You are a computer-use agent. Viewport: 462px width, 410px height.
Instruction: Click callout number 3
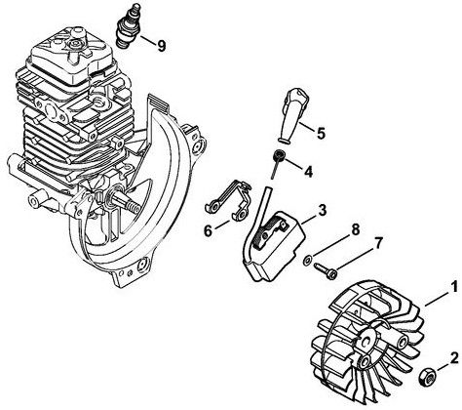point(322,208)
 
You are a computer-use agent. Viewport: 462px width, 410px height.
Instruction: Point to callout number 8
point(356,230)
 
